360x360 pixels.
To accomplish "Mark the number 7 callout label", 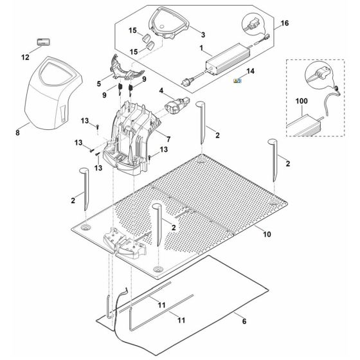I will (166, 139).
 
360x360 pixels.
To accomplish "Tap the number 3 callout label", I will (203, 34).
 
